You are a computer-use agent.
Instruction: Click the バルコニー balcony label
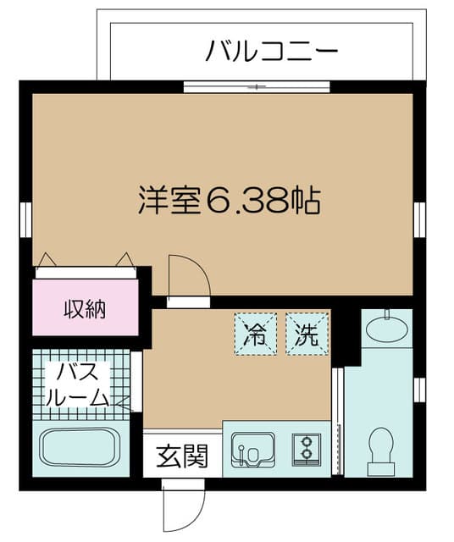point(272,52)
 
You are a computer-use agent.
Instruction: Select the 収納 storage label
point(85,309)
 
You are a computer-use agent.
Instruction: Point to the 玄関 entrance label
point(181,457)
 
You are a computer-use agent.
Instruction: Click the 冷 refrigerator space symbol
point(255,334)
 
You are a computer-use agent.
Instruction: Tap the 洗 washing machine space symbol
point(306,334)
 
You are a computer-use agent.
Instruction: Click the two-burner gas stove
point(306,449)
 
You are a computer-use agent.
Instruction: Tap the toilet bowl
point(382,446)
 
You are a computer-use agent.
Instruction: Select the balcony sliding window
point(257,86)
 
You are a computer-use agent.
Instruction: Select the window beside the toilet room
point(418,388)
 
